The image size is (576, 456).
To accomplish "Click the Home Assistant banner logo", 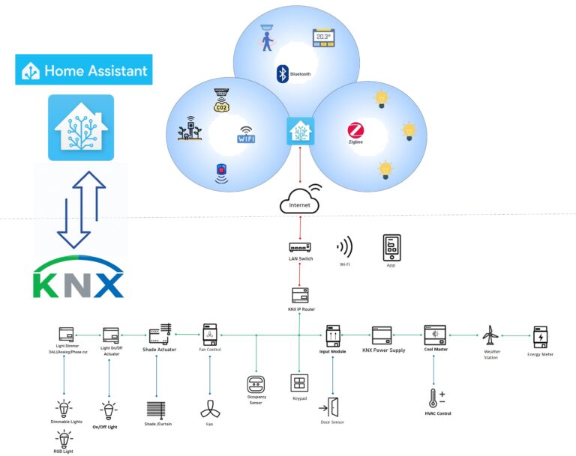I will [x=84, y=70].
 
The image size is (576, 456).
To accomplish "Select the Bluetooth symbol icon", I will [x=283, y=73].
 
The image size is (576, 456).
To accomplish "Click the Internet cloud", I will [x=299, y=201].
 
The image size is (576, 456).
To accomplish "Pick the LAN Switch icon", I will [x=299, y=246].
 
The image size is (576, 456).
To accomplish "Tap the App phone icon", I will [x=392, y=246].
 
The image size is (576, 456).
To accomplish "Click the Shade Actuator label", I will [x=159, y=350].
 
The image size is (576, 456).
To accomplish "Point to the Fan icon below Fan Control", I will [x=208, y=410].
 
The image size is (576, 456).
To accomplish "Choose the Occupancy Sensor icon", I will [x=256, y=385].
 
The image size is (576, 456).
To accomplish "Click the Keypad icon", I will [x=299, y=383].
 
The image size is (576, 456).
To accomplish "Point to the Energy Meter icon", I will [x=541, y=335].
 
